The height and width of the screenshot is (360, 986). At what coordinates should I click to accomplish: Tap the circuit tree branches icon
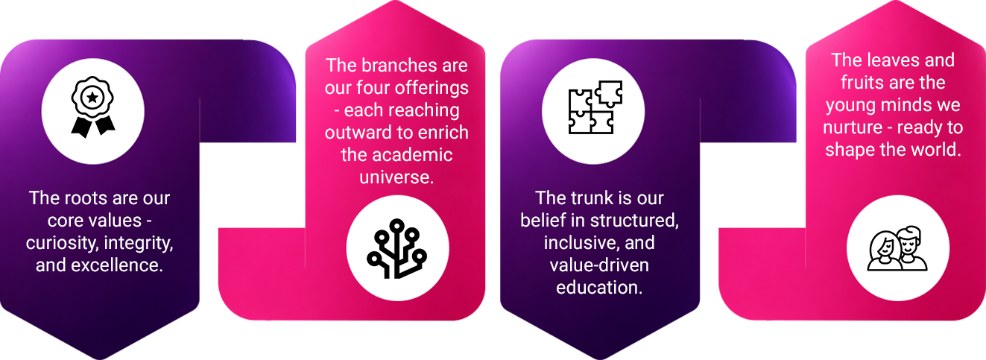click(397, 248)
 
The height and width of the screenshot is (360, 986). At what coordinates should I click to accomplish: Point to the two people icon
click(897, 248)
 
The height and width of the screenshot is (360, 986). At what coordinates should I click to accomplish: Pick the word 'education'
click(598, 288)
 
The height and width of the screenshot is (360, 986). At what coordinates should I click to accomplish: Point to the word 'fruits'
click(863, 82)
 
